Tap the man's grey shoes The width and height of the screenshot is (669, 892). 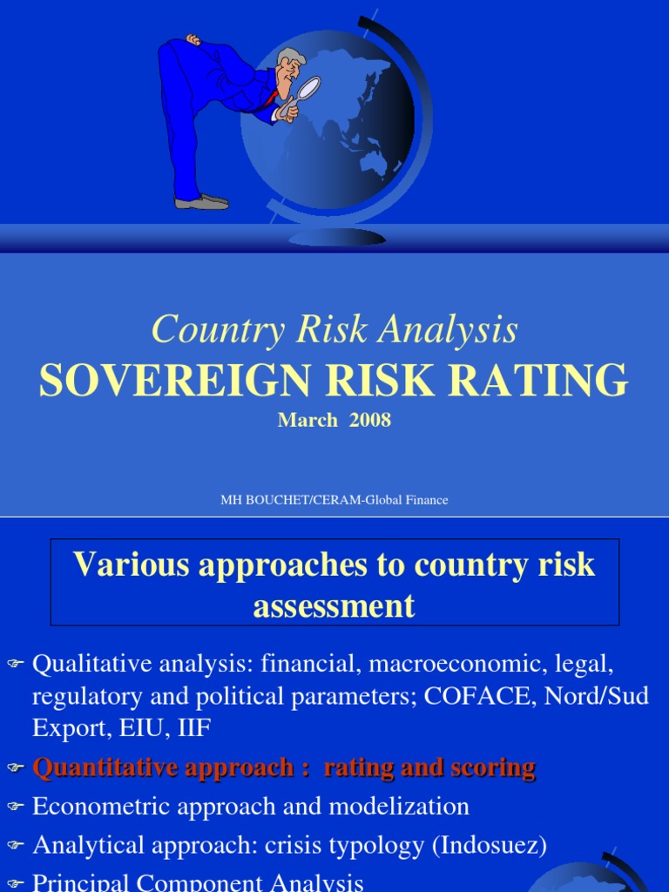coord(202,201)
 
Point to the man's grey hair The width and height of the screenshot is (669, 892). coord(286,57)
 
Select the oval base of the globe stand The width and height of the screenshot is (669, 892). coord(337,238)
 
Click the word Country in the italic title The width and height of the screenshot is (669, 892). coord(219,329)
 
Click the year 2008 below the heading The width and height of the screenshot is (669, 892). coord(369,420)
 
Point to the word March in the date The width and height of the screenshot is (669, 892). coord(307,420)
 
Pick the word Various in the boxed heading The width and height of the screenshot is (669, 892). coord(131,564)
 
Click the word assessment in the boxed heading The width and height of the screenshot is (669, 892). coord(334,605)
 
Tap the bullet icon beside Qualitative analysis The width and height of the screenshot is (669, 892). coord(16,663)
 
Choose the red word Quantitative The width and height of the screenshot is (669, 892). coord(105,767)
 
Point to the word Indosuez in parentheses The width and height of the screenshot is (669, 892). coord(490,845)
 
